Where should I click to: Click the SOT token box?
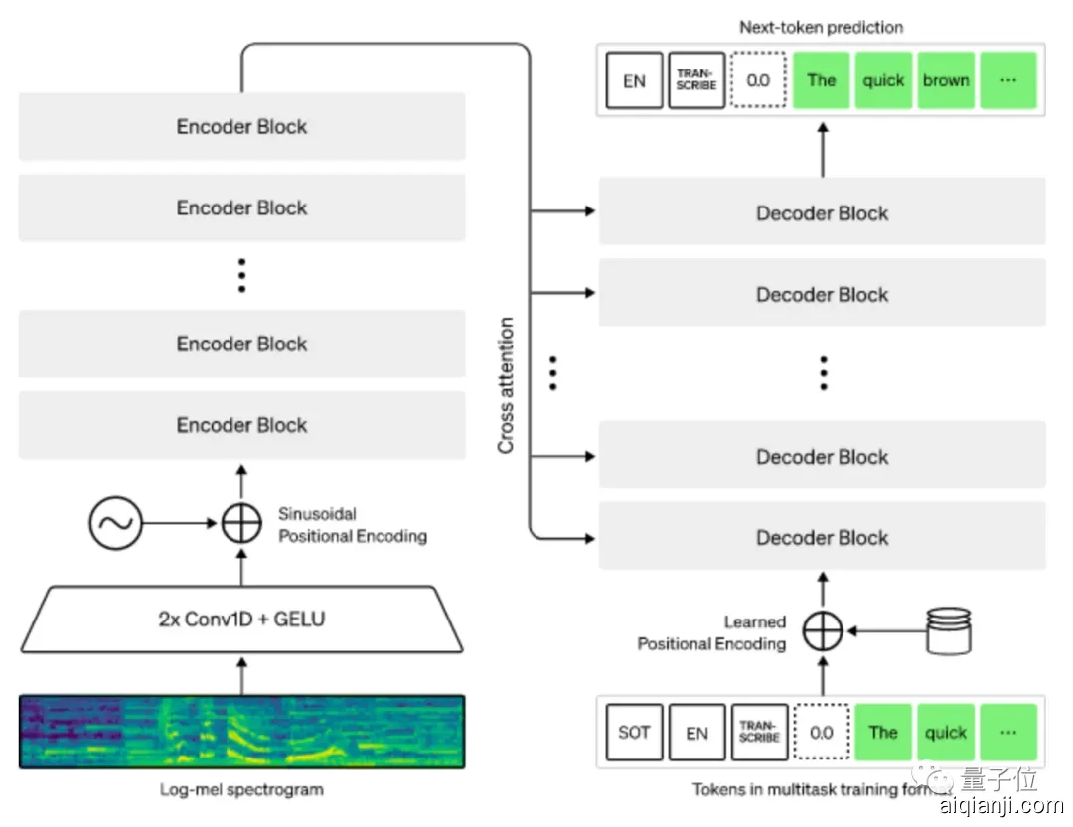point(634,733)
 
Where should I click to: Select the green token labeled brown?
point(946,80)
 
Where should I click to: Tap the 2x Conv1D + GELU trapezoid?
point(242,620)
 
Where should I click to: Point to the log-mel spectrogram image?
point(242,732)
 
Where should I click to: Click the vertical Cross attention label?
point(507,385)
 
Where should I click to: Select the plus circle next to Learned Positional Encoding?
point(822,630)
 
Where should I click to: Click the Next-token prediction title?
point(822,27)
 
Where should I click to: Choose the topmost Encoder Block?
point(242,126)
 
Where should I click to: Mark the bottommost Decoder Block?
point(822,537)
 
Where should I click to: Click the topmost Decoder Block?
point(822,212)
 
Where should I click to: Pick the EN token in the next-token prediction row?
point(634,80)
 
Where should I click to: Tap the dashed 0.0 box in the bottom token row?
point(822,733)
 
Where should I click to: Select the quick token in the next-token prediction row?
point(883,80)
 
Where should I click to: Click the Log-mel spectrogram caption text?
point(241,790)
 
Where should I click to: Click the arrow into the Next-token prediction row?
point(822,149)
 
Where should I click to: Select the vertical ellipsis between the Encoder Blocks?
point(241,275)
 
